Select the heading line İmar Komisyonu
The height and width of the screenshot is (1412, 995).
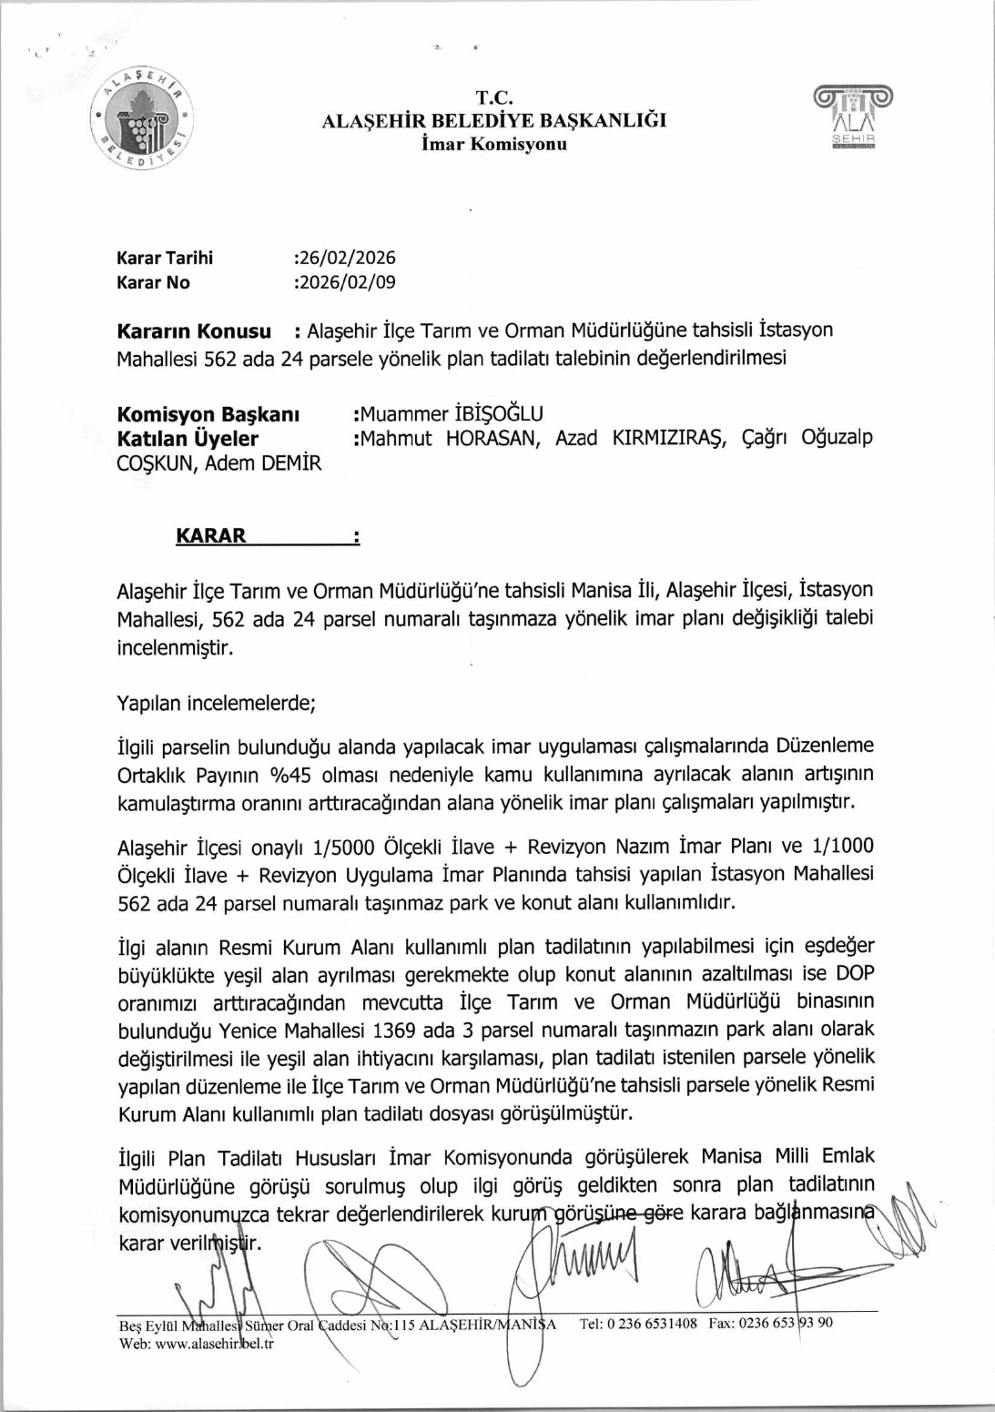click(x=494, y=144)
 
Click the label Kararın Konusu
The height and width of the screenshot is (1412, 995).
click(x=194, y=330)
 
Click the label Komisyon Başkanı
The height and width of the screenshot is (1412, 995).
click(x=208, y=414)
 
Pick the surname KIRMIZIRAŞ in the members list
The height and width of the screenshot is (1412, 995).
click(x=669, y=438)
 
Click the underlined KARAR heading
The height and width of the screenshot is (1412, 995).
click(x=211, y=535)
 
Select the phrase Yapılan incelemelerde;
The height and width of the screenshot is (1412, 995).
click(x=217, y=703)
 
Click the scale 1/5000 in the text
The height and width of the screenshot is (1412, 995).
click(x=343, y=848)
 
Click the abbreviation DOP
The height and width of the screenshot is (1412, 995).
click(x=855, y=973)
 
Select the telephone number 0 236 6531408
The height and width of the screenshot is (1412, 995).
click(x=652, y=1324)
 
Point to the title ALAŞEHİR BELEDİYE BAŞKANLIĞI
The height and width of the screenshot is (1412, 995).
click(x=494, y=120)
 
